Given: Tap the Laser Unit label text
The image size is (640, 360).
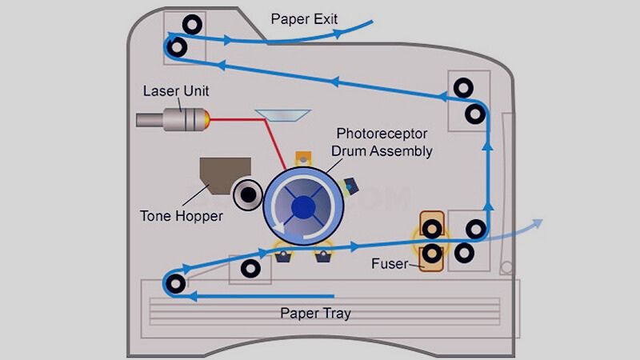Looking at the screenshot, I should pyautogui.click(x=176, y=90).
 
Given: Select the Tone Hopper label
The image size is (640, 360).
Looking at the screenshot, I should pyautogui.click(x=181, y=215).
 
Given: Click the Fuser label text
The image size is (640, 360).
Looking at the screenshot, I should pyautogui.click(x=390, y=263).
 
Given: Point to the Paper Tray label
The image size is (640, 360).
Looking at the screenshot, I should pyautogui.click(x=314, y=313).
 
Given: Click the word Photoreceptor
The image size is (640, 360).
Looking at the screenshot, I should pyautogui.click(x=383, y=133).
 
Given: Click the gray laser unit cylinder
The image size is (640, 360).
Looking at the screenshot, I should pyautogui.click(x=169, y=120).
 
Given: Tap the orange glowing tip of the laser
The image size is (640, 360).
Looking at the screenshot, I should pyautogui.click(x=209, y=120).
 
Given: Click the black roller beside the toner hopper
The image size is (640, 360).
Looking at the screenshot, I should pyautogui.click(x=248, y=193).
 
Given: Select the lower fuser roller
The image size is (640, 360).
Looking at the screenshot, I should pyautogui.click(x=432, y=254).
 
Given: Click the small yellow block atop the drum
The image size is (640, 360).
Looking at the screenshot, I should pyautogui.click(x=302, y=157).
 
